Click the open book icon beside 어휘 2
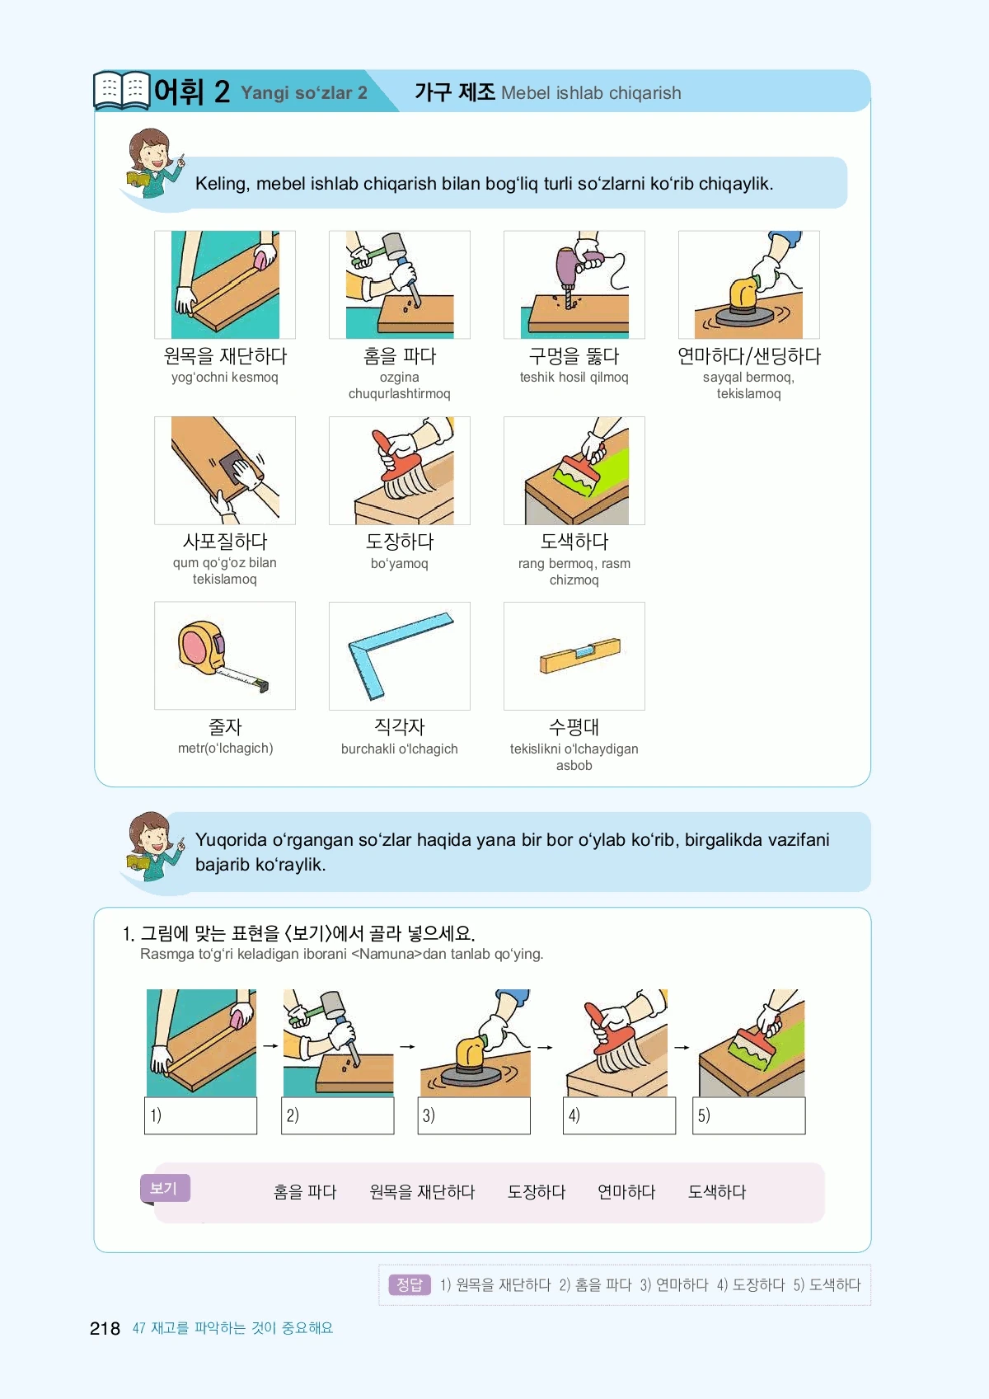click(x=122, y=90)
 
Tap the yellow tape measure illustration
click(x=223, y=655)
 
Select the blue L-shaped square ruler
click(x=400, y=655)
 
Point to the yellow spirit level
click(x=580, y=655)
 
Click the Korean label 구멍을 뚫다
click(x=574, y=356)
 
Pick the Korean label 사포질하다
click(x=225, y=541)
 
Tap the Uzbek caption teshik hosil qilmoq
click(x=574, y=378)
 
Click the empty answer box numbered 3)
click(x=474, y=1115)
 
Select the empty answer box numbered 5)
click(x=748, y=1115)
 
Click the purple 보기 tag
click(x=165, y=1188)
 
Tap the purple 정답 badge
click(x=410, y=1284)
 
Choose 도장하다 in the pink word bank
click(x=537, y=1192)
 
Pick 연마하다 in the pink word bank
click(x=626, y=1192)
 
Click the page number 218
click(x=105, y=1328)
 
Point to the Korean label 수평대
click(x=574, y=726)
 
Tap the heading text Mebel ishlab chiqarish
click(x=591, y=93)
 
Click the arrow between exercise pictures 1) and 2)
click(x=270, y=1045)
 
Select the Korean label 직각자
click(x=400, y=726)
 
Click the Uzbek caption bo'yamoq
click(x=400, y=563)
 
